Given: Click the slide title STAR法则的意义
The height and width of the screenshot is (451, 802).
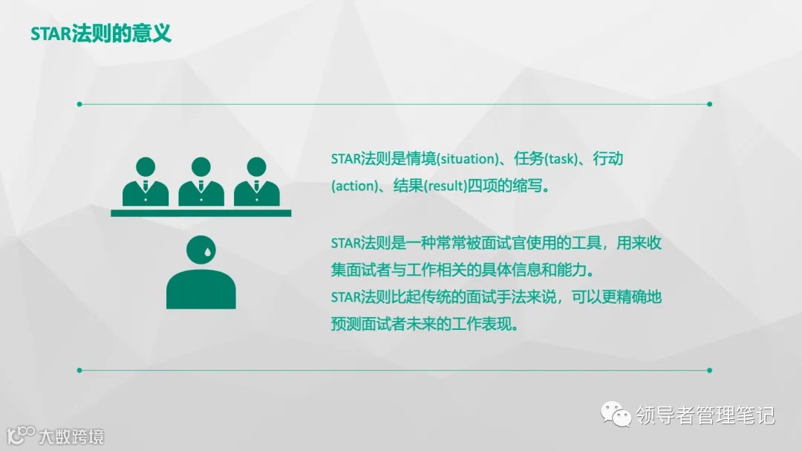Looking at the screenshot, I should pos(101,34).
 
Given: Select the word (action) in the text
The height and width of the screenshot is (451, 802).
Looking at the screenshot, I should pos(353,186).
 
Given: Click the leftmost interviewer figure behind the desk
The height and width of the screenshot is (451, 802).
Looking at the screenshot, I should pos(146,181).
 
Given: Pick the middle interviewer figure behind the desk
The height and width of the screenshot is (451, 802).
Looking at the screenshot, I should pos(201,181).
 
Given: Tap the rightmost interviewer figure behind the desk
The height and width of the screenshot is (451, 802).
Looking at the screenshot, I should pos(257,181).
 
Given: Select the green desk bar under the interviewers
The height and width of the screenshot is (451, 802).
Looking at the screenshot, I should pos(200,213).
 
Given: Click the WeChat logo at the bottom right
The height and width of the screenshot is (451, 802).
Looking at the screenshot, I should pos(616,414).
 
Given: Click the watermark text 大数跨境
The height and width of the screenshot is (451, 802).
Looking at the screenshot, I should pos(71,435).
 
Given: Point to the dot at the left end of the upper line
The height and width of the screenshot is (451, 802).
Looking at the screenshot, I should pos(79,104).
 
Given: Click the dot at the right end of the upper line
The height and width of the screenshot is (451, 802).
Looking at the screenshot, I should pos(710,104).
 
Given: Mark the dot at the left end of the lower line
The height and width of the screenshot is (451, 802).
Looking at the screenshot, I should pos(79,369).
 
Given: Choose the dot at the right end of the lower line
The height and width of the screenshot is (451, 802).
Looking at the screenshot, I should pos(710,369).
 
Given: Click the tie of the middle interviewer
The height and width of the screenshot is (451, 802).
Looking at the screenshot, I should pos(201,186).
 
